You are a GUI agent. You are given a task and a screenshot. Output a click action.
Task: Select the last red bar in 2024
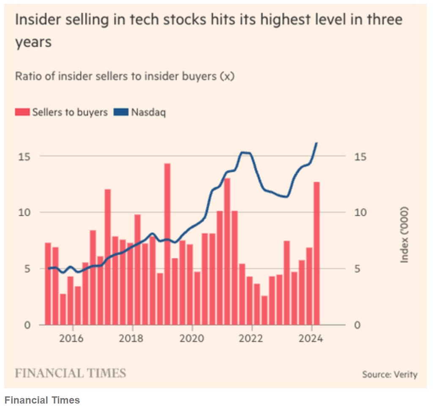(317, 254)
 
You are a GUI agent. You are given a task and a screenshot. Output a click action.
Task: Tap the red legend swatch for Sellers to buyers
(22, 112)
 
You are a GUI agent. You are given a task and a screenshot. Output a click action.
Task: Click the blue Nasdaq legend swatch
(121, 112)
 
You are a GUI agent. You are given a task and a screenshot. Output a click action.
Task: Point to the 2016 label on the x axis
(73, 339)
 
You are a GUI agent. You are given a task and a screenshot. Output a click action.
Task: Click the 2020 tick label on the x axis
(192, 339)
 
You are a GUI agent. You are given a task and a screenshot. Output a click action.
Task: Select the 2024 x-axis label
(312, 339)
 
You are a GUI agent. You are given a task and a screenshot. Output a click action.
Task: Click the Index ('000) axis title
(405, 235)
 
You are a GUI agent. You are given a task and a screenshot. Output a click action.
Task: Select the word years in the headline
(33, 42)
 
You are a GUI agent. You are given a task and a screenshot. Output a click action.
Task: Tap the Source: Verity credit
(389, 374)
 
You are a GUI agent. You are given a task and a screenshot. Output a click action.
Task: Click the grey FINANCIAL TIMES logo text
(71, 374)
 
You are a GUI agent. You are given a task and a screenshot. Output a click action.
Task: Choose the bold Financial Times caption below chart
(42, 400)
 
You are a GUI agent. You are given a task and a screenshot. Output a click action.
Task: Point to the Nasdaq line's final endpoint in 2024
(317, 143)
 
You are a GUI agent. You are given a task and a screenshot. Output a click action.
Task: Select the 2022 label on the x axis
(252, 339)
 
